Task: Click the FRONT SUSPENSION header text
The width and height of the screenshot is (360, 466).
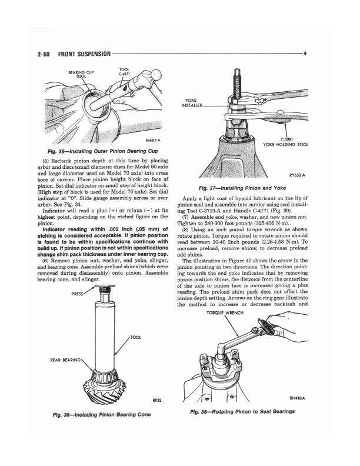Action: click(82, 54)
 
